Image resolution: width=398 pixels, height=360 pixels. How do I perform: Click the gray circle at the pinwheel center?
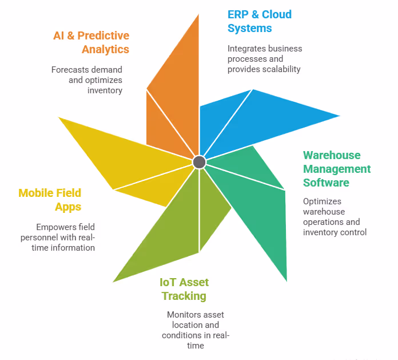point(199,162)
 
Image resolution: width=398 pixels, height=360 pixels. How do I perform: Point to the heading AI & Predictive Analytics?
point(91,42)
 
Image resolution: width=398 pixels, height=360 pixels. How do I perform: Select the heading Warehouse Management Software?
point(337,169)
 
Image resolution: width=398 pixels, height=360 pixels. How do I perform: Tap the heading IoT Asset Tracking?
point(184,289)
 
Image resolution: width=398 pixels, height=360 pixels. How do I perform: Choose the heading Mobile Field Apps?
point(50,199)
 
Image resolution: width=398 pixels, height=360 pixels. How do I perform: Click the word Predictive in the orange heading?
point(105,36)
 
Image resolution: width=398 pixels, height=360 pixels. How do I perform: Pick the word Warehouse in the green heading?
point(332,155)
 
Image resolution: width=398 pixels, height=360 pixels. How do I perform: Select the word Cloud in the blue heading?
point(277,15)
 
